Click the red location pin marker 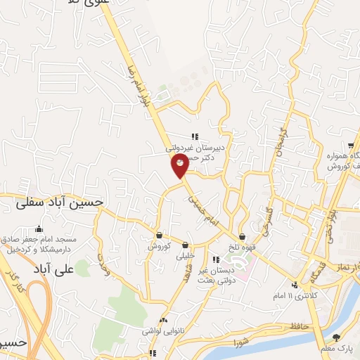180,166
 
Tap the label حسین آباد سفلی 60,202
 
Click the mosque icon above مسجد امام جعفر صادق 39,229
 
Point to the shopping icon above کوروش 160,236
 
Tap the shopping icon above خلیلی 186,245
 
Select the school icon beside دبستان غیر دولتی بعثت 214,260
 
